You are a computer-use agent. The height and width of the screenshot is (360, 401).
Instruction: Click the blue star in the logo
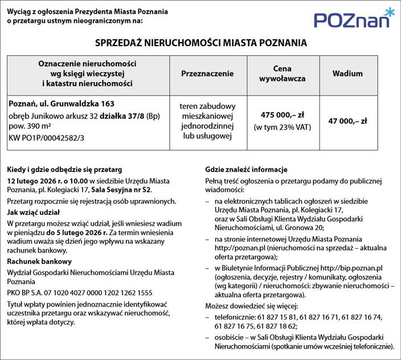(388, 12)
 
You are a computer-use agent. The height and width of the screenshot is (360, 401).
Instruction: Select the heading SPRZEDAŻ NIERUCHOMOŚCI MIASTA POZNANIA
(200, 43)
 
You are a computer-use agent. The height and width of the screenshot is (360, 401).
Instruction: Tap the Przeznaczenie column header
(207, 74)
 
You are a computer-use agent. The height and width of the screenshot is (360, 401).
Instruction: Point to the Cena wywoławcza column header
(283, 73)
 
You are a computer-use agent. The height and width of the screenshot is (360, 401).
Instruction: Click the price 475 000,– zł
(283, 114)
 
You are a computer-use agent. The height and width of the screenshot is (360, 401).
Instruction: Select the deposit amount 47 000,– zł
(347, 121)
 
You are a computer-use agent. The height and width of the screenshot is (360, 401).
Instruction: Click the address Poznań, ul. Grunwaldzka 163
(62, 104)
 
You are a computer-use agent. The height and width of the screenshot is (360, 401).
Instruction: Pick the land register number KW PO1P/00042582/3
(45, 138)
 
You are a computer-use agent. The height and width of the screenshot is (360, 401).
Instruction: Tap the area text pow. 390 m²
(30, 126)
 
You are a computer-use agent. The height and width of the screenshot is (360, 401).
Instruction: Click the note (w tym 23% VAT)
(283, 127)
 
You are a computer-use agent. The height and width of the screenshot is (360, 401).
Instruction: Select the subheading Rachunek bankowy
(39, 261)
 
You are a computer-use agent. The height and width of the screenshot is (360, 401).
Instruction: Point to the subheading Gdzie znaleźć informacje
(246, 170)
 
